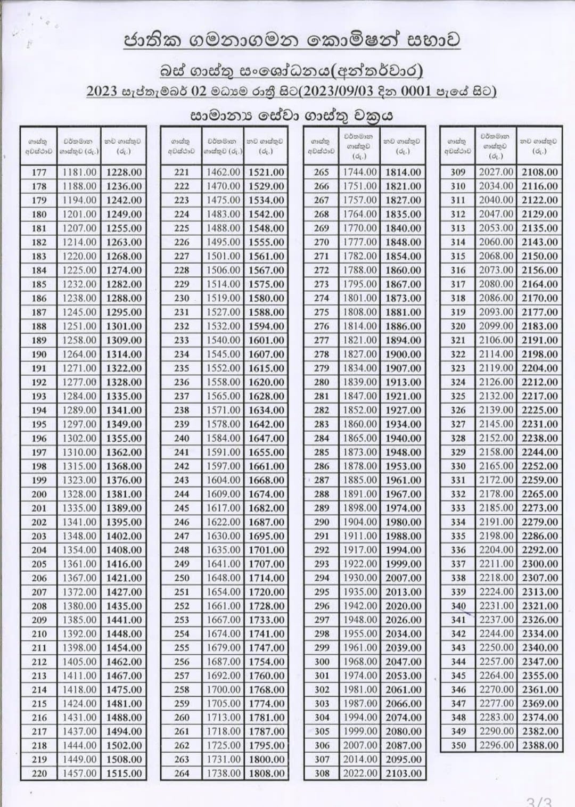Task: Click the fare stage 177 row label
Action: coord(39,172)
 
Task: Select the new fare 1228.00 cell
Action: coord(124,172)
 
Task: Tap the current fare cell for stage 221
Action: coord(224,172)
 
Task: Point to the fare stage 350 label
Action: coord(458,746)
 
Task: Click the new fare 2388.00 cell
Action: coord(540,746)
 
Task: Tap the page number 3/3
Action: coord(539,802)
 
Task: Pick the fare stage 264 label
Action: coord(182,773)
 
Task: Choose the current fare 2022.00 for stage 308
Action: coord(360,773)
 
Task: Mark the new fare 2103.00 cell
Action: coord(403,773)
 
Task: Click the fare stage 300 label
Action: coord(322,662)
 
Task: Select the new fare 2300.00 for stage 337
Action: coord(540,564)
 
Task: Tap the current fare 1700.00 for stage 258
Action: coord(224,690)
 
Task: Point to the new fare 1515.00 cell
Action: coord(124,773)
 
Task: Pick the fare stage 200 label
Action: coord(39,494)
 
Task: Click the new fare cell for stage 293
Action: coord(403,564)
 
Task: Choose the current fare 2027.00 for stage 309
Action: coord(496,172)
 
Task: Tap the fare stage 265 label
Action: coord(322,172)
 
